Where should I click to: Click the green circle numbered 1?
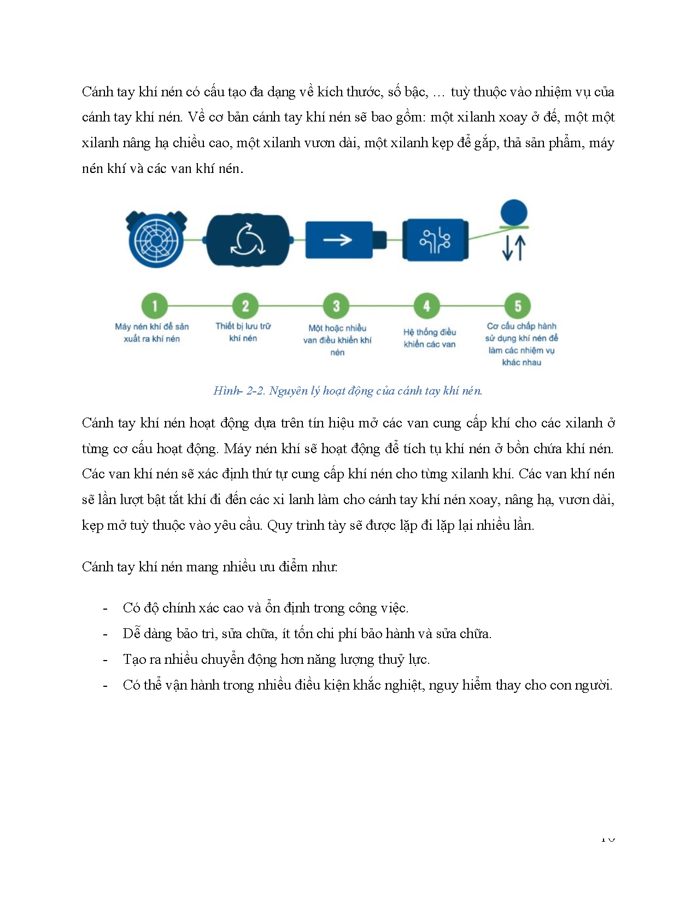[x=155, y=306]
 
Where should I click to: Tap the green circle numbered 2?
[x=245, y=306]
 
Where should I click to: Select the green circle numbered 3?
[x=336, y=306]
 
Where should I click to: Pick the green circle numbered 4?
[x=427, y=306]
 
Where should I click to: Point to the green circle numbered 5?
[x=518, y=306]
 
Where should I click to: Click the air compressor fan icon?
[x=156, y=240]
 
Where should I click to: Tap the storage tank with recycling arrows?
[x=248, y=240]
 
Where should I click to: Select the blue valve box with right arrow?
[x=339, y=240]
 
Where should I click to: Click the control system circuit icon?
[x=435, y=240]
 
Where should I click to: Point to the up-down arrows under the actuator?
[x=514, y=247]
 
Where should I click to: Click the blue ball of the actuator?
[x=514, y=212]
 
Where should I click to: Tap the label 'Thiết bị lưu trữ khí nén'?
[x=243, y=332]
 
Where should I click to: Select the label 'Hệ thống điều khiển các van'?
[x=430, y=338]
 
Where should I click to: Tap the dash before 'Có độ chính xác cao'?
[x=105, y=609]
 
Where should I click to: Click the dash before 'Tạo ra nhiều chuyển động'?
[x=105, y=660]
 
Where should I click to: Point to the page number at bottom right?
[x=607, y=838]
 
